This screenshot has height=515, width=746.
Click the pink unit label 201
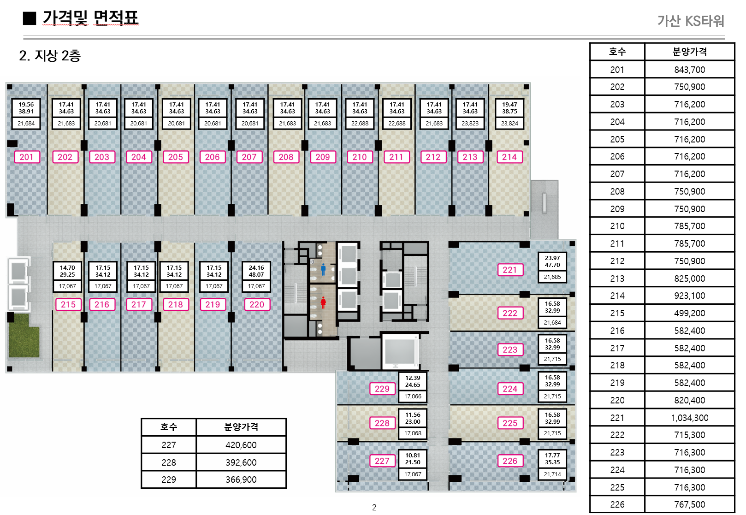point(27,157)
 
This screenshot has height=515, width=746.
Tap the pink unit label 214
point(509,157)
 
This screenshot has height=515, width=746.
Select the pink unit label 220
point(257,305)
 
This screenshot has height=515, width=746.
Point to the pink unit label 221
point(510,270)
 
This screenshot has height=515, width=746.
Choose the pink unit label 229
point(382,389)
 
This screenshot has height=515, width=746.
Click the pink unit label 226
point(510,461)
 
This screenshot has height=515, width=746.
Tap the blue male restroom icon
point(323,269)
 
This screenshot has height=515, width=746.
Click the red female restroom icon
point(323,302)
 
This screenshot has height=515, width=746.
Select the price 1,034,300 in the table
point(689,418)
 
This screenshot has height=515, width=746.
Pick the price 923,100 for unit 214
point(689,296)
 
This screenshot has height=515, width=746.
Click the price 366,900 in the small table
point(241,480)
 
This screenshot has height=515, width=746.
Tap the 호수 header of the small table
point(169,427)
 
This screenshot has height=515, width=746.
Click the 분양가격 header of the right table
point(689,52)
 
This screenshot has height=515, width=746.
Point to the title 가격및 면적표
point(90,18)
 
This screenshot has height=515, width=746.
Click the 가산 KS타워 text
point(690,21)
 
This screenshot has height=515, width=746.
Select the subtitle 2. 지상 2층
point(50,56)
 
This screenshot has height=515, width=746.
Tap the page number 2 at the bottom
point(374,508)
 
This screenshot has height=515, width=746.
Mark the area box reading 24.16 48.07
point(256,271)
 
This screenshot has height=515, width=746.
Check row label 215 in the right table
point(617,314)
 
